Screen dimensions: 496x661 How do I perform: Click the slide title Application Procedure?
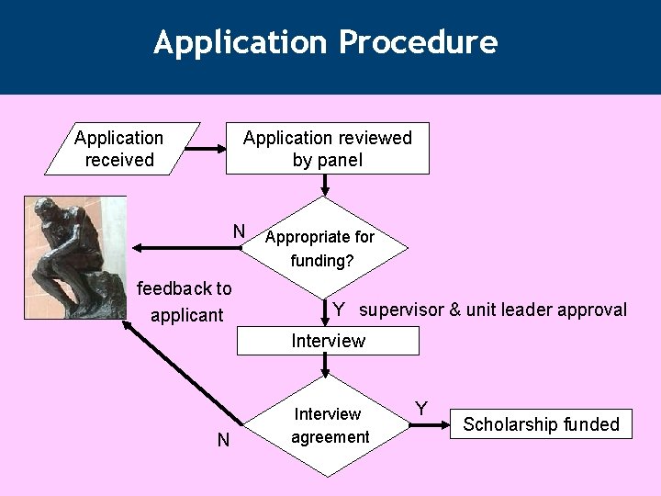coord(326,43)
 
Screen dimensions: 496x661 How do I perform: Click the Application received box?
coord(120,149)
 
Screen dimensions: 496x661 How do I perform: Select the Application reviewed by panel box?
coord(327,149)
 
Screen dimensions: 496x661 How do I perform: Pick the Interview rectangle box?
coord(328,341)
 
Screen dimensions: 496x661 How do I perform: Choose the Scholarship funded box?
coord(541,424)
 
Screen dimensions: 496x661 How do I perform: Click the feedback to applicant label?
coord(184,301)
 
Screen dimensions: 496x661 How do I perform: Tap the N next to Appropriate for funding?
coord(238,231)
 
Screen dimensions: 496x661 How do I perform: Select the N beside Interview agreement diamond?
coord(223,441)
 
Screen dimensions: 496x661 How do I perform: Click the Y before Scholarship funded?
coord(420,407)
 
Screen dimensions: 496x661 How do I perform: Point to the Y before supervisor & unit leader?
coord(339,310)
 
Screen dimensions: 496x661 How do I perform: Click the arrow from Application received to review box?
coord(213,147)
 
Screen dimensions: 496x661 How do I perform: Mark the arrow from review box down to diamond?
coord(324,186)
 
